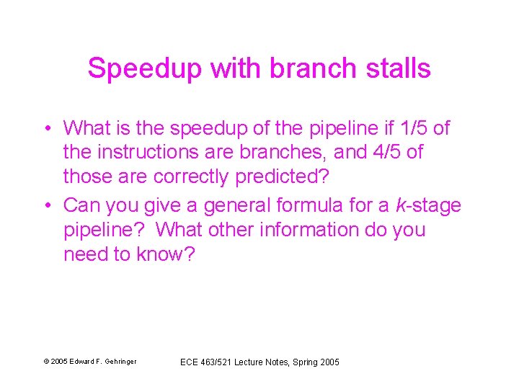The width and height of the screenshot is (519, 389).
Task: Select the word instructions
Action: (148, 153)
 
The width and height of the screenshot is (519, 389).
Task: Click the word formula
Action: (318, 206)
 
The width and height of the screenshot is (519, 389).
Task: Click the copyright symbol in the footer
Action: (46, 362)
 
